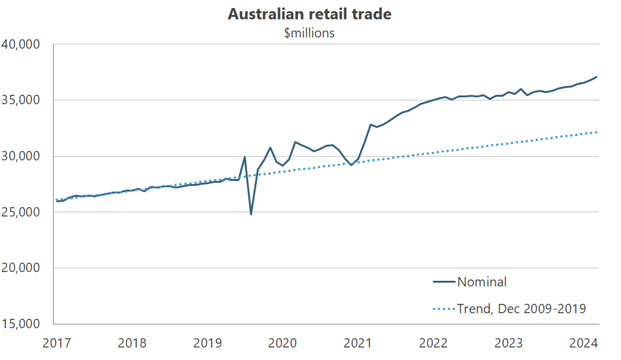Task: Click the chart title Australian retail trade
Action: (x=309, y=14)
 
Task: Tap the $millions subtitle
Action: (x=309, y=33)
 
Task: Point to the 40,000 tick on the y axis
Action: (x=21, y=44)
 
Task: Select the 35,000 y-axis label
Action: (x=21, y=100)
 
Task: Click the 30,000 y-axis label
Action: (x=21, y=156)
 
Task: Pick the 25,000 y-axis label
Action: (x=21, y=212)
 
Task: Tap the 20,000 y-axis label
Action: (x=21, y=268)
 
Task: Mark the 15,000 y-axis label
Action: (x=21, y=324)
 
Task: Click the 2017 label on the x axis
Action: (x=56, y=343)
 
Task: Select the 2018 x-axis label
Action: (x=132, y=343)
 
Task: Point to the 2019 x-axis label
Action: (x=207, y=343)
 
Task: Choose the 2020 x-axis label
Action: (x=282, y=343)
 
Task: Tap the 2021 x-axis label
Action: (x=358, y=343)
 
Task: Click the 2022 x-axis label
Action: (x=433, y=343)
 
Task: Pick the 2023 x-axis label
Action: (x=509, y=343)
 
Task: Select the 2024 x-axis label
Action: (x=584, y=343)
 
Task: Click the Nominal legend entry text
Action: (x=482, y=282)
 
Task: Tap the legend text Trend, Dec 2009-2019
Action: (x=521, y=308)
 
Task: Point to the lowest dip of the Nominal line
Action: (x=251, y=215)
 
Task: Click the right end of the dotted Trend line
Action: (x=597, y=132)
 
